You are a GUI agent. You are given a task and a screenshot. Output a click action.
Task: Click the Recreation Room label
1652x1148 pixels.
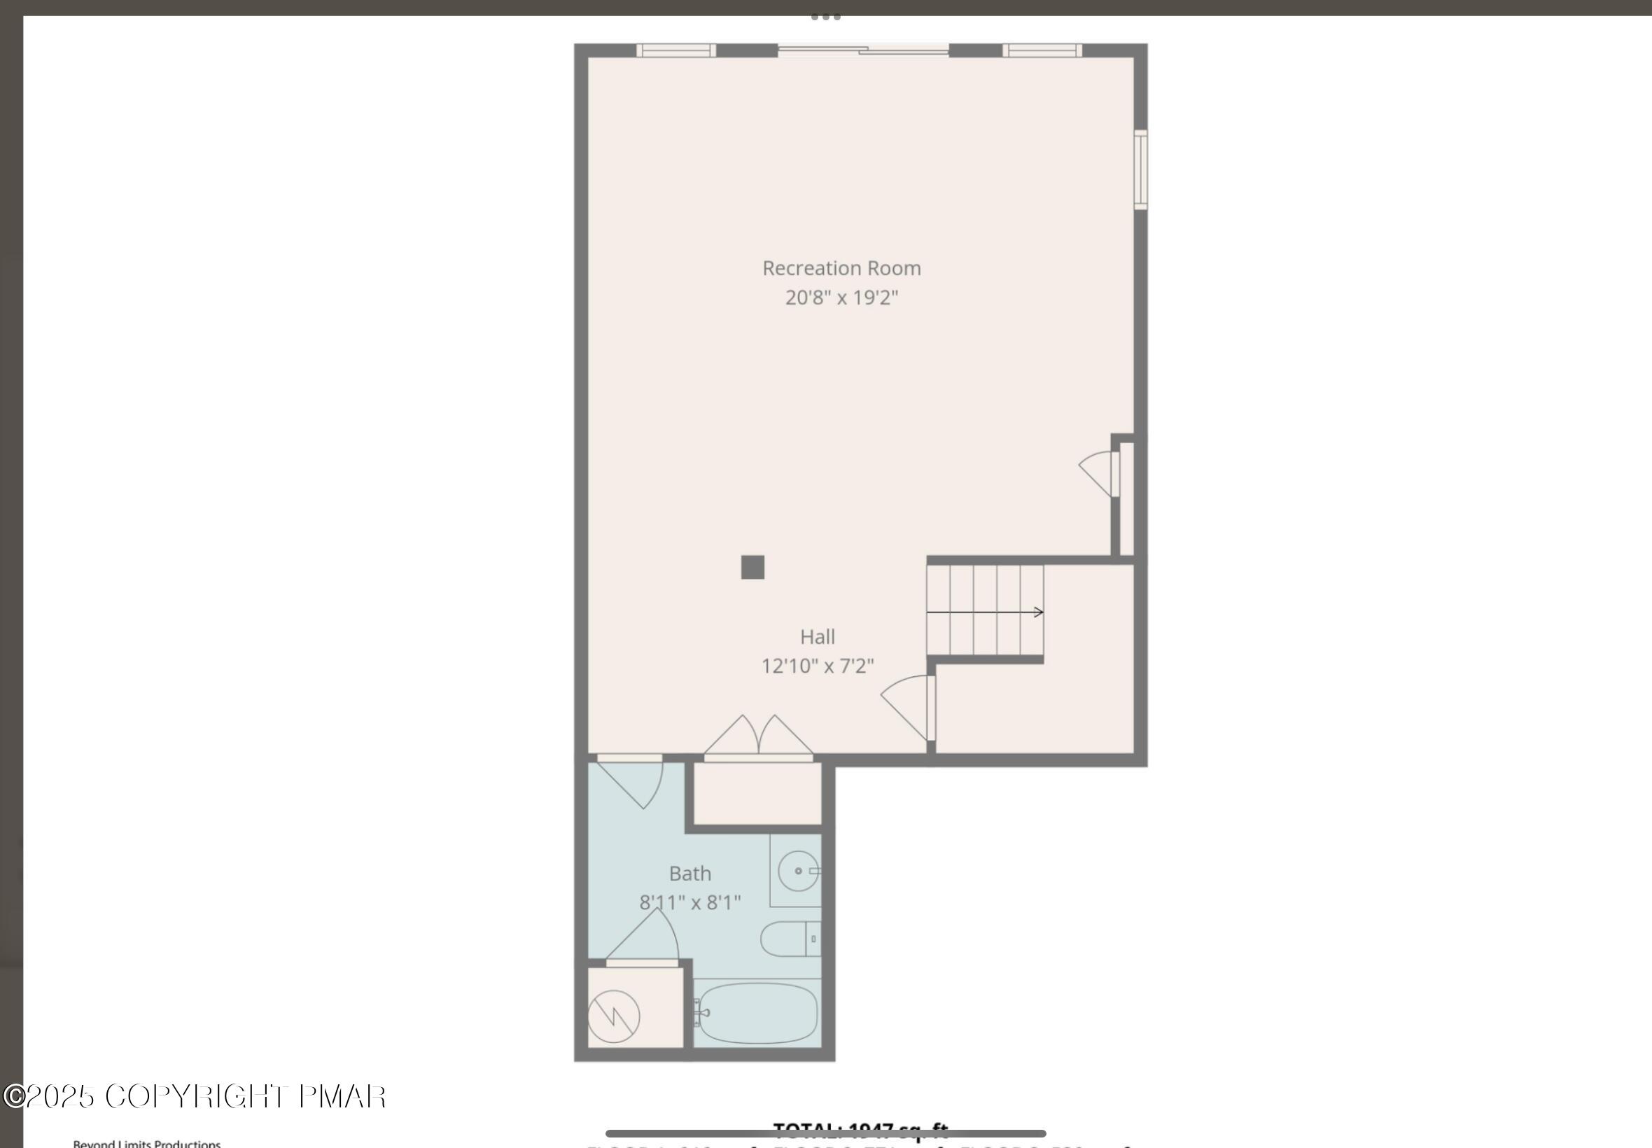(x=841, y=268)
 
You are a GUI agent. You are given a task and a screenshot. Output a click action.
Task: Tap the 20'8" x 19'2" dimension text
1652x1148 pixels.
(x=841, y=297)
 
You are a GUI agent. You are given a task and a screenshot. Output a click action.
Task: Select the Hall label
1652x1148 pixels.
(x=817, y=636)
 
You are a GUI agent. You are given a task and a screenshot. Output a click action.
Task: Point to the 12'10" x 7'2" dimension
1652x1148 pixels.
(x=817, y=666)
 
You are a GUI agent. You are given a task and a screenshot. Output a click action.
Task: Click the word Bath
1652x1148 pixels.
(x=689, y=873)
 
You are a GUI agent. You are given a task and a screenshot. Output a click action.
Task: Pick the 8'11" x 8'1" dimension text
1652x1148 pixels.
(x=689, y=903)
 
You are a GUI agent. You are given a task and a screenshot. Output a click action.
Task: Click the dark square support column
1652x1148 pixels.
(x=752, y=568)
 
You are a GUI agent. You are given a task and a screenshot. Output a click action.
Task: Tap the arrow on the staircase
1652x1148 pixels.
(x=986, y=612)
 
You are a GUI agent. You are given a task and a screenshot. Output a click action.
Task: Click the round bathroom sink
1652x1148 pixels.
(x=797, y=871)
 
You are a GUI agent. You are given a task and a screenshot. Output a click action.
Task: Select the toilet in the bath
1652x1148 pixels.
(x=790, y=939)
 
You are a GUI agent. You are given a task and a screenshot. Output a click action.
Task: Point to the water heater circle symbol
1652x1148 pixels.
(x=613, y=1016)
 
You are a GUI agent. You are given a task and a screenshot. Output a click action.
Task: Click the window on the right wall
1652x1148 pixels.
(x=1140, y=170)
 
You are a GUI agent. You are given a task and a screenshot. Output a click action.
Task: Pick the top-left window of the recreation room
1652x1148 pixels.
(x=675, y=50)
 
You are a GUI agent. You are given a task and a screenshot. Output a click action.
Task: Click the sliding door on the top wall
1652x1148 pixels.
(x=863, y=50)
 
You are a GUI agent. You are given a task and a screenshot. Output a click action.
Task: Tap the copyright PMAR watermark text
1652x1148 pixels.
(x=194, y=1096)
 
